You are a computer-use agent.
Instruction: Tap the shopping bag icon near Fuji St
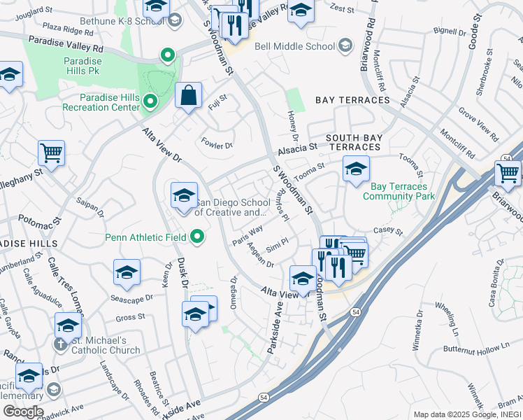click(x=189, y=96)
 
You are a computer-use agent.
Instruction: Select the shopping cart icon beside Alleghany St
click(x=51, y=153)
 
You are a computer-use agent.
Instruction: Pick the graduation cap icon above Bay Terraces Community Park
click(x=356, y=169)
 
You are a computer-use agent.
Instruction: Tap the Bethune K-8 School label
click(x=131, y=21)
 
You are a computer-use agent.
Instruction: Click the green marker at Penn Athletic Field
click(x=198, y=237)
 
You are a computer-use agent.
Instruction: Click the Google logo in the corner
click(x=22, y=411)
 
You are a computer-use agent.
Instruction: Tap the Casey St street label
click(x=389, y=230)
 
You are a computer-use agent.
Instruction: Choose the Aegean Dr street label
click(x=260, y=260)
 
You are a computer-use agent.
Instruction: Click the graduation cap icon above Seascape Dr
click(x=127, y=273)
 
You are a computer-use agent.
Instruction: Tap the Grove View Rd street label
click(x=478, y=122)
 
